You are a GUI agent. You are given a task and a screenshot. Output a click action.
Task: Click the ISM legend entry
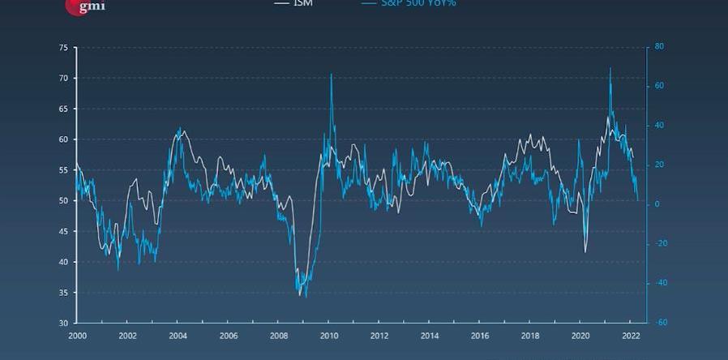pyautogui.click(x=302, y=3)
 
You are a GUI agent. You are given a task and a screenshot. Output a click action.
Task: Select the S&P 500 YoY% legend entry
pyautogui.click(x=417, y=3)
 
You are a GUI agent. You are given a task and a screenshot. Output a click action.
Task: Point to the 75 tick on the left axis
pyautogui.click(x=63, y=48)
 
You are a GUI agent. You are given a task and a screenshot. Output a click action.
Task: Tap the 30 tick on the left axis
pyautogui.click(x=63, y=323)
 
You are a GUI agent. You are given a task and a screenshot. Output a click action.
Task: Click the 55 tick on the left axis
pyautogui.click(x=63, y=170)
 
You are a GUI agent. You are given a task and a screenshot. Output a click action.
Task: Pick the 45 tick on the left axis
pyautogui.click(x=63, y=231)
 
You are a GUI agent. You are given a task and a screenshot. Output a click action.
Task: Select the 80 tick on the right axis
pyautogui.click(x=659, y=47)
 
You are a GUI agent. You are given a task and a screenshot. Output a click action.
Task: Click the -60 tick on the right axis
pyautogui.click(x=661, y=323)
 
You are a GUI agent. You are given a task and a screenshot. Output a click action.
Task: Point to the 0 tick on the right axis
pyautogui.click(x=657, y=204)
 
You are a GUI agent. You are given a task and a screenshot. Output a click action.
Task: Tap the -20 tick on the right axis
pyautogui.click(x=661, y=243)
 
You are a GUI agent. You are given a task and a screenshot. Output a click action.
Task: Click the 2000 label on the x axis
pyautogui.click(x=77, y=336)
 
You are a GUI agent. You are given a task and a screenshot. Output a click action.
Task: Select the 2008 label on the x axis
pyautogui.click(x=278, y=336)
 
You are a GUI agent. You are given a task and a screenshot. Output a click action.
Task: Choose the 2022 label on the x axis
pyautogui.click(x=631, y=336)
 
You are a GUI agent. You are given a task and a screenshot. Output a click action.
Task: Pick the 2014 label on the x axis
pyautogui.click(x=430, y=336)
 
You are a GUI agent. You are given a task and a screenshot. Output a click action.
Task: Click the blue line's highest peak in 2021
pyautogui.click(x=610, y=68)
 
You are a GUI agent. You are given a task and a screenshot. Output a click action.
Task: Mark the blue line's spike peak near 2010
pyautogui.click(x=331, y=75)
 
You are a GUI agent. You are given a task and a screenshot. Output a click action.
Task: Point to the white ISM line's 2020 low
pyautogui.click(x=585, y=251)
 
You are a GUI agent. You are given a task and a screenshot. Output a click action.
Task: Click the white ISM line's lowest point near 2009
pyautogui.click(x=299, y=295)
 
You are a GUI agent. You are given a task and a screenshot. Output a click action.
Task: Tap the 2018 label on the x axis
pyautogui.click(x=530, y=336)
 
